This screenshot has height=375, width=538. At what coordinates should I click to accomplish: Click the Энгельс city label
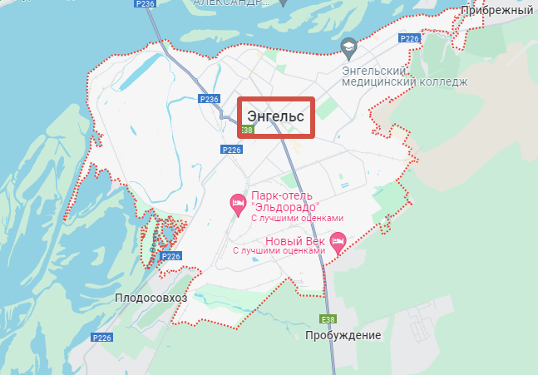[275, 116]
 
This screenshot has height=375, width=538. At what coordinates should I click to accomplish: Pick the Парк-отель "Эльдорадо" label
[286, 201]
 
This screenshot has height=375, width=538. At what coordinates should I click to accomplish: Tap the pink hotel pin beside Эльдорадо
[237, 202]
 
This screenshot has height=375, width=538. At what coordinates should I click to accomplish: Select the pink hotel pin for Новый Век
[338, 243]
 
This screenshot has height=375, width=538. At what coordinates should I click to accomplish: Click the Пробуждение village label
[343, 335]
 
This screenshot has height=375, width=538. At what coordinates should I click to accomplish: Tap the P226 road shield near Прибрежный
[409, 38]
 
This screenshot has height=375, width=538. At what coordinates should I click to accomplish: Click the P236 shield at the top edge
[145, 4]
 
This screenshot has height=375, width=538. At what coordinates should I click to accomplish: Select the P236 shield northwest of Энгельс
[209, 99]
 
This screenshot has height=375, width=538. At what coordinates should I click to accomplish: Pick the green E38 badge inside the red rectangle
[246, 130]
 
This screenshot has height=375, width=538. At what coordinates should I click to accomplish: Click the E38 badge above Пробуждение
[328, 318]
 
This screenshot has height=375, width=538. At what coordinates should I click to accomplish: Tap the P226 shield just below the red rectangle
[231, 150]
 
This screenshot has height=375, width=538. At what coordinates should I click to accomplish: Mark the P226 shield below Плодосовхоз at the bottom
[101, 337]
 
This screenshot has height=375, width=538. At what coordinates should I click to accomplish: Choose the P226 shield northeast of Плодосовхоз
[170, 256]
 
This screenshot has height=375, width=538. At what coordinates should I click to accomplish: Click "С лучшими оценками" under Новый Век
[279, 250]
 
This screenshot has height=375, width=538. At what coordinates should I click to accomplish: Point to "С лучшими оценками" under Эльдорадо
[297, 218]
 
